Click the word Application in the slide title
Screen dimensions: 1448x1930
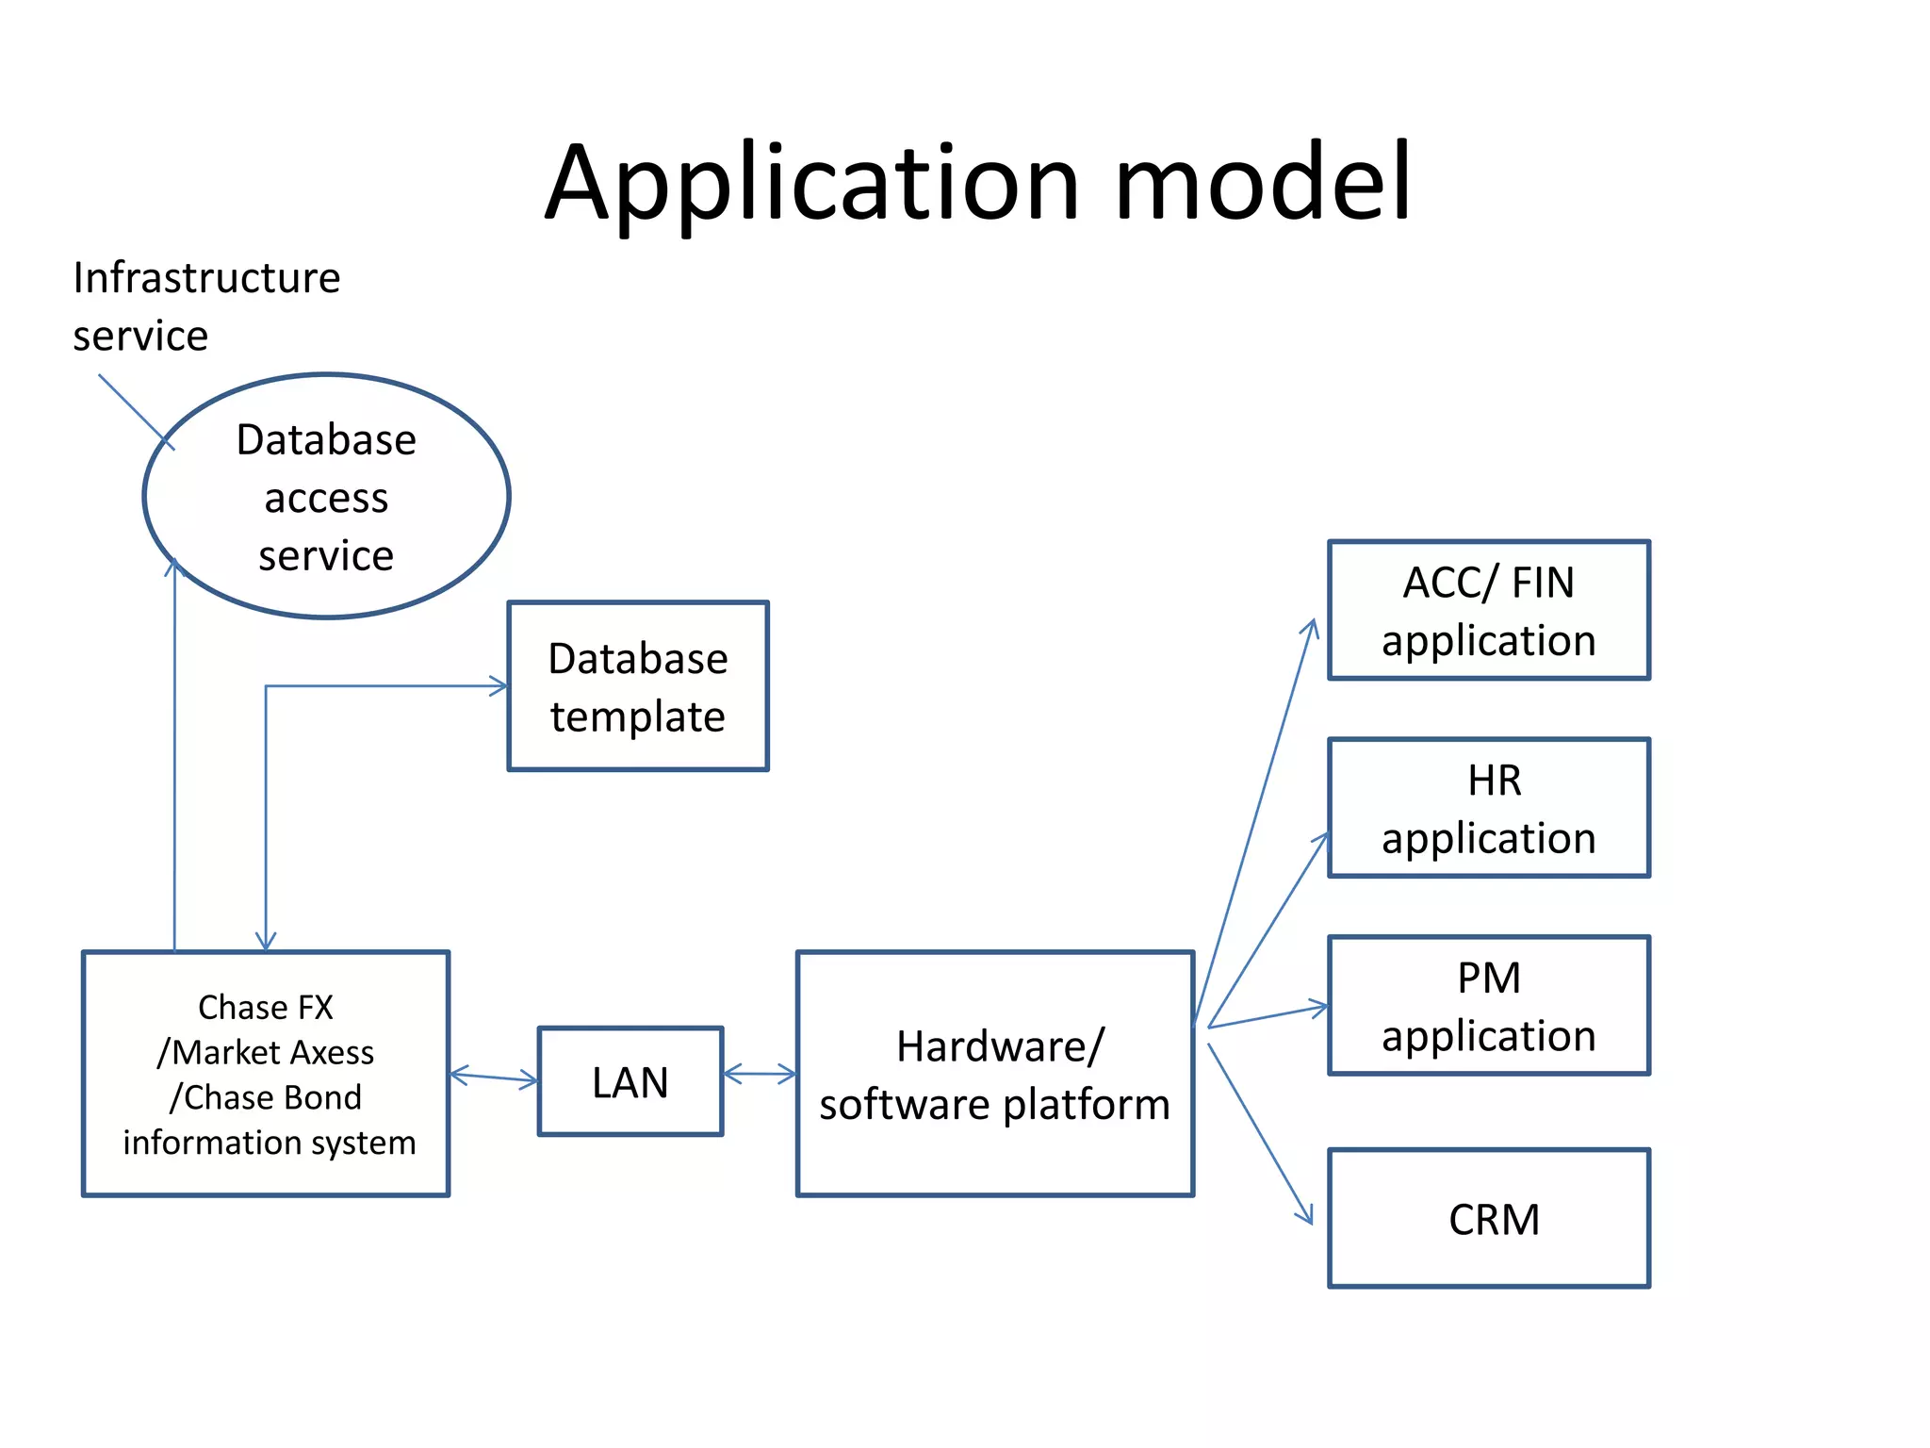(810, 184)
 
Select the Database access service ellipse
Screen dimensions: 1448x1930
(326, 496)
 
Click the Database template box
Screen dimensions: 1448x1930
(638, 686)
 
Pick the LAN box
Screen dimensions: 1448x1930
(630, 1081)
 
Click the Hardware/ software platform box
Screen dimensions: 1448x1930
(994, 1074)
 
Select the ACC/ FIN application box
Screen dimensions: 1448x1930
(1488, 610)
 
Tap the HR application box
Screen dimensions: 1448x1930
(1488, 808)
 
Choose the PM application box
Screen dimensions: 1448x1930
(1488, 1006)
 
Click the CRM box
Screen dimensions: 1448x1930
(1488, 1218)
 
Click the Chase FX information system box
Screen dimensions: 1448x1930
(266, 1074)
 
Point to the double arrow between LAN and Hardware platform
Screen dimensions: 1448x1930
(760, 1074)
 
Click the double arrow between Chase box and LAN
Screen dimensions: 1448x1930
(494, 1078)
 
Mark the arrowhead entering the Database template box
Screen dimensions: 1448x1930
(499, 686)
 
